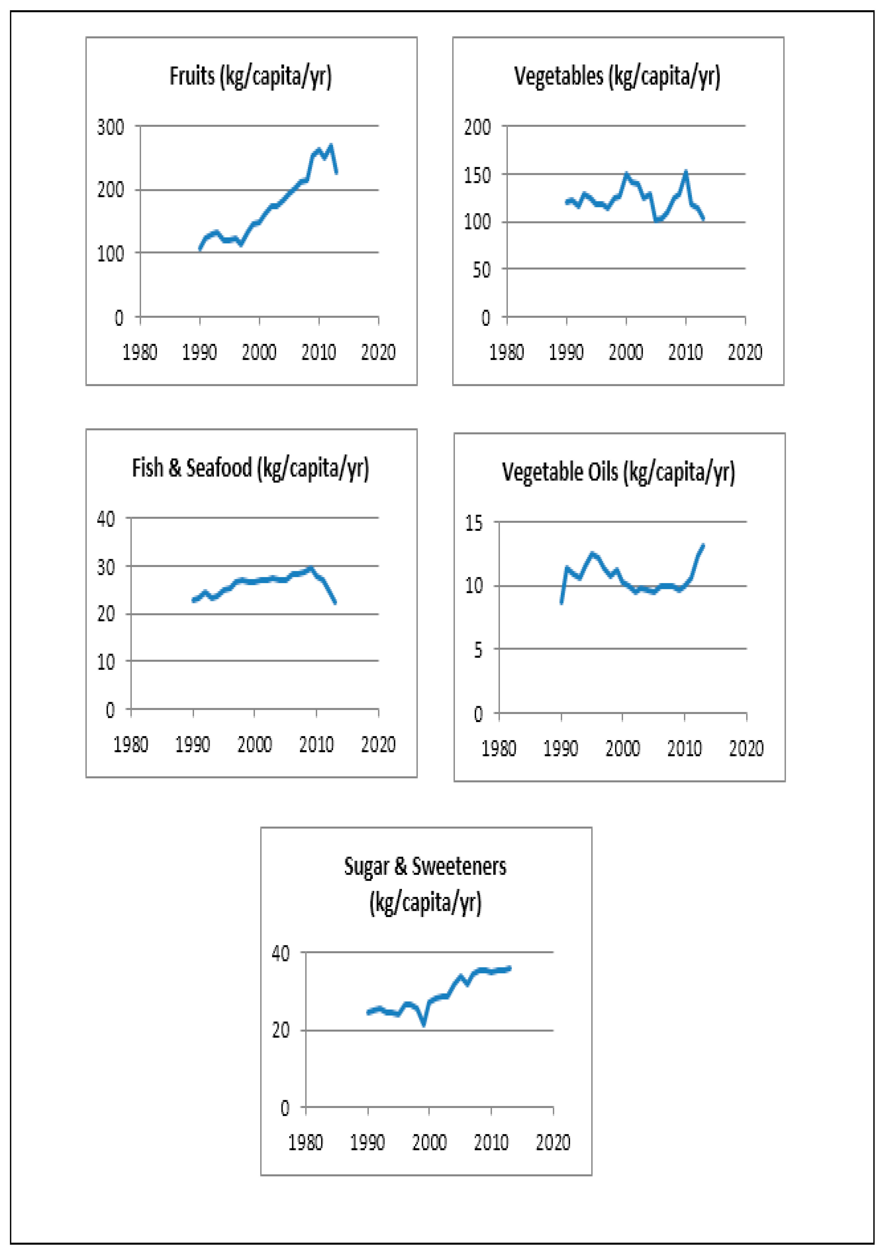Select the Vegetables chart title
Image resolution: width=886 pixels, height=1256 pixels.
pyautogui.click(x=617, y=76)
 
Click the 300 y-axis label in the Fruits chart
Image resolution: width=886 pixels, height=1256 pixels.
pyautogui.click(x=111, y=127)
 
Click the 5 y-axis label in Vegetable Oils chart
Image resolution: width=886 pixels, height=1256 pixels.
pyautogui.click(x=479, y=650)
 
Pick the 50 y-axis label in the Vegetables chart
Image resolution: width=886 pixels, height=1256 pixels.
pyautogui.click(x=481, y=270)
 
